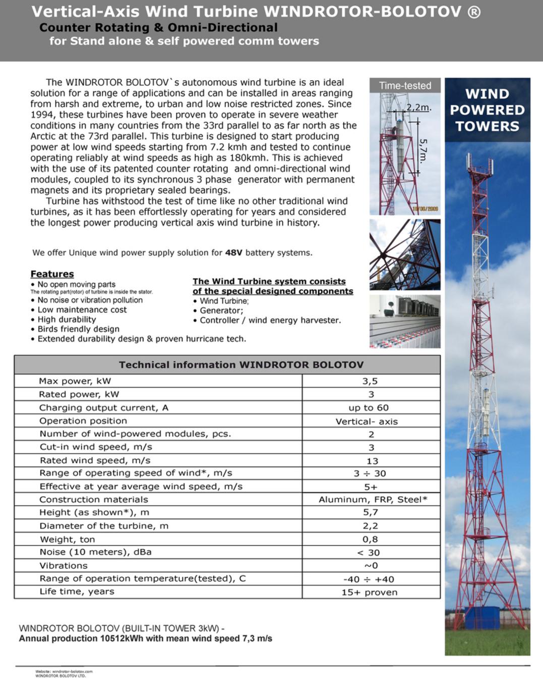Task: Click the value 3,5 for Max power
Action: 370,381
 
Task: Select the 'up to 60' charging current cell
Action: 369,408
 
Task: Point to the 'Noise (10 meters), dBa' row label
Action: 95,552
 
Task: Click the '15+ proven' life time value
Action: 369,592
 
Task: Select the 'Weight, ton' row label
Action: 67,539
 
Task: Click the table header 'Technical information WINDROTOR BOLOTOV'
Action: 241,365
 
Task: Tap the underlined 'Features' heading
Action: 52,274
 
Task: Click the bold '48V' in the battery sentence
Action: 233,252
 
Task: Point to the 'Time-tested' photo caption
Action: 405,86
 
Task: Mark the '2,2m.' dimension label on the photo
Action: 419,108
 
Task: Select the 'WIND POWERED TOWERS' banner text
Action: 487,110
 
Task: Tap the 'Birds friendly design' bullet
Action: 78,329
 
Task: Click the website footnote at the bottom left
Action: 64,673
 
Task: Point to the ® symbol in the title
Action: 474,12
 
